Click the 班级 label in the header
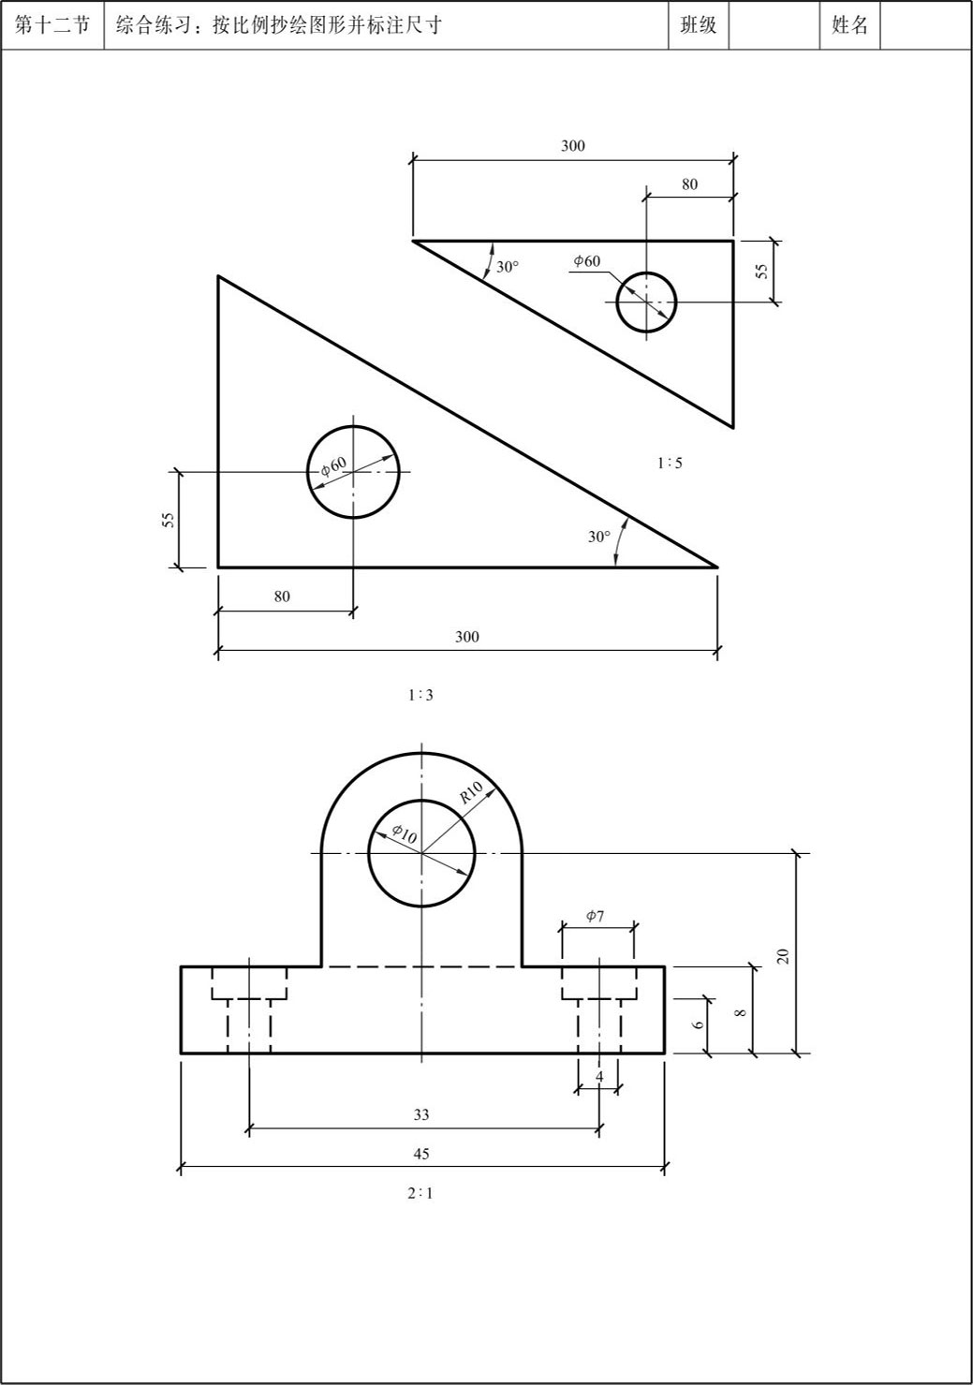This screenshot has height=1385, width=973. click(699, 25)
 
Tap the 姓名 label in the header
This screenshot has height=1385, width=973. click(850, 25)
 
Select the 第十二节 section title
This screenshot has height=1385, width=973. click(52, 25)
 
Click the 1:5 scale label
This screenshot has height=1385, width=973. click(671, 464)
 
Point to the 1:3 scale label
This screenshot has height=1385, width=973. click(421, 696)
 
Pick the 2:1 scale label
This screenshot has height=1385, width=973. click(420, 1194)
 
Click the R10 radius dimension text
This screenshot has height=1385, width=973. click(471, 792)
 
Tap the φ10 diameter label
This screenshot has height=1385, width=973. click(405, 834)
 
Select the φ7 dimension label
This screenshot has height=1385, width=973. click(596, 916)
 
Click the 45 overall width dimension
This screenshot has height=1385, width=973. click(421, 1154)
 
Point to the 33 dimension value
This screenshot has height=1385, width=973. click(421, 1114)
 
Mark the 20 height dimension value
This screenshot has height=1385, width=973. click(783, 956)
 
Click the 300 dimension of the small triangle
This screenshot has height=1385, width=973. click(573, 146)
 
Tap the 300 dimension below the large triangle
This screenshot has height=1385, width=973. click(467, 637)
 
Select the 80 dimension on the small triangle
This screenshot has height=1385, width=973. click(690, 184)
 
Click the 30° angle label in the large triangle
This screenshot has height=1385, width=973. click(599, 537)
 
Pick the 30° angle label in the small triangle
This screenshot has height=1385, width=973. click(508, 267)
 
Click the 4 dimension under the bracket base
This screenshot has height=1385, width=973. click(599, 1077)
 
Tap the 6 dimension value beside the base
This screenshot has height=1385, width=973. click(698, 1024)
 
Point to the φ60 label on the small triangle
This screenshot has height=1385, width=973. click(586, 261)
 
